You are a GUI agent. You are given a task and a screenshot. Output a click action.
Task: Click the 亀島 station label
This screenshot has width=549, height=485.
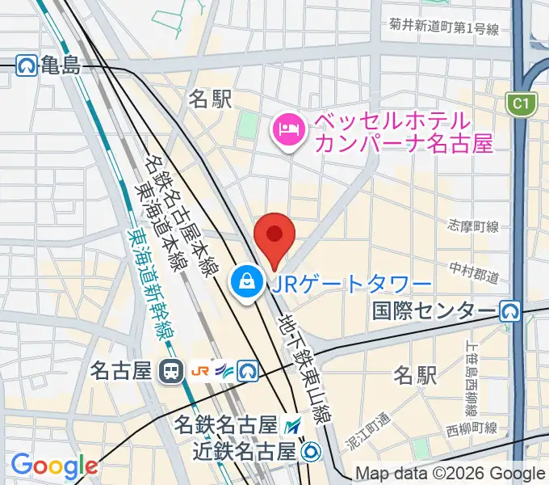pos(61,65)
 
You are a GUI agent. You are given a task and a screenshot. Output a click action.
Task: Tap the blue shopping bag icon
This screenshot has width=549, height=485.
pos(244,282)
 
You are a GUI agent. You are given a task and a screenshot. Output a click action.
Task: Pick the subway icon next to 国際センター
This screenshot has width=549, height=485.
pos(509,310)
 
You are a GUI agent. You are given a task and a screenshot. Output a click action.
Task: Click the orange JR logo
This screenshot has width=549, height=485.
pos(199,371)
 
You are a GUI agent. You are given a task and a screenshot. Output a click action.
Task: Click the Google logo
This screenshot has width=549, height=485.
pos(53,466)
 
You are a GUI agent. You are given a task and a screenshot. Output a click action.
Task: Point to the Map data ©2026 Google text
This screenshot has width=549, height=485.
pos(449,474)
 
